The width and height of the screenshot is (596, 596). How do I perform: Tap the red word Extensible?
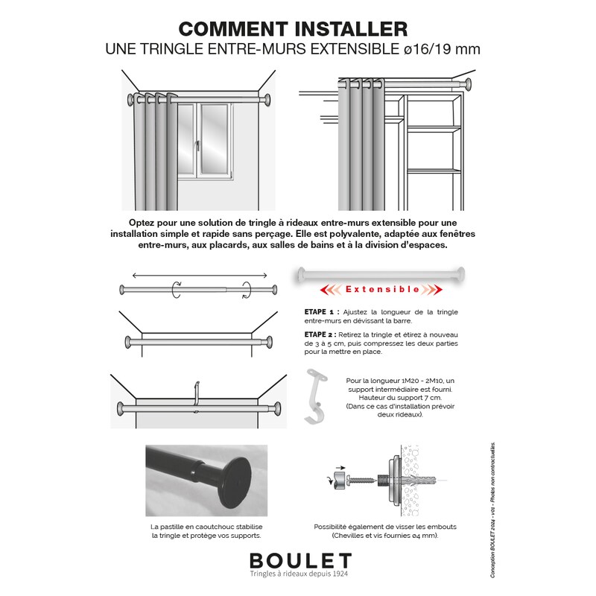(381, 289)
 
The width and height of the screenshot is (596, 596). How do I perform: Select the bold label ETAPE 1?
(322, 311)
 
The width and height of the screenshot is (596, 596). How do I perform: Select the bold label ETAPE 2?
(322, 335)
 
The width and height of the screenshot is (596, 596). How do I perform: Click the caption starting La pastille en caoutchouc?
(206, 530)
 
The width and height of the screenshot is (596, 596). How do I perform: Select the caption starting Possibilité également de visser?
(375, 530)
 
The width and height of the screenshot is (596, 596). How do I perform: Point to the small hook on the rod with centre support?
(197, 393)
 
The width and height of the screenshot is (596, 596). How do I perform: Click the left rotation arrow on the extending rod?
(176, 290)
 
